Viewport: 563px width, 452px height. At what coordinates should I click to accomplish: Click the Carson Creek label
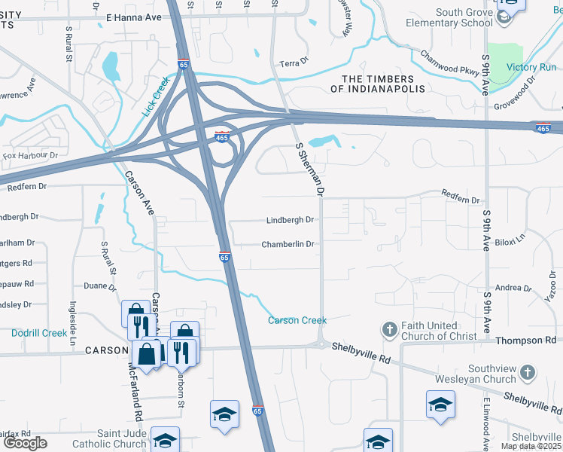pos(298,320)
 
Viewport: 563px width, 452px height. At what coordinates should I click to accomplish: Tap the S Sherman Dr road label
pos(310,170)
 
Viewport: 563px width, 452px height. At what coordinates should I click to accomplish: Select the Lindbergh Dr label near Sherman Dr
pos(290,221)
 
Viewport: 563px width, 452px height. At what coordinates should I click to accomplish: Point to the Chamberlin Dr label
pos(288,245)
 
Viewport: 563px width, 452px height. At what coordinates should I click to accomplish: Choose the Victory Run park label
pos(531,67)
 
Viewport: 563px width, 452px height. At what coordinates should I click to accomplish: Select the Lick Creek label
pos(157,96)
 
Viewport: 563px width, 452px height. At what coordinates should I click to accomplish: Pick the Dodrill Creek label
pos(39,332)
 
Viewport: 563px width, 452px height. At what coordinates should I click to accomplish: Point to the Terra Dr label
pos(295,64)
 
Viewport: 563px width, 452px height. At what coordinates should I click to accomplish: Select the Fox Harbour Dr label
pos(30,156)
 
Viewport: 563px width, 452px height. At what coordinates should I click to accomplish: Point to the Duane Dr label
pos(100,286)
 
